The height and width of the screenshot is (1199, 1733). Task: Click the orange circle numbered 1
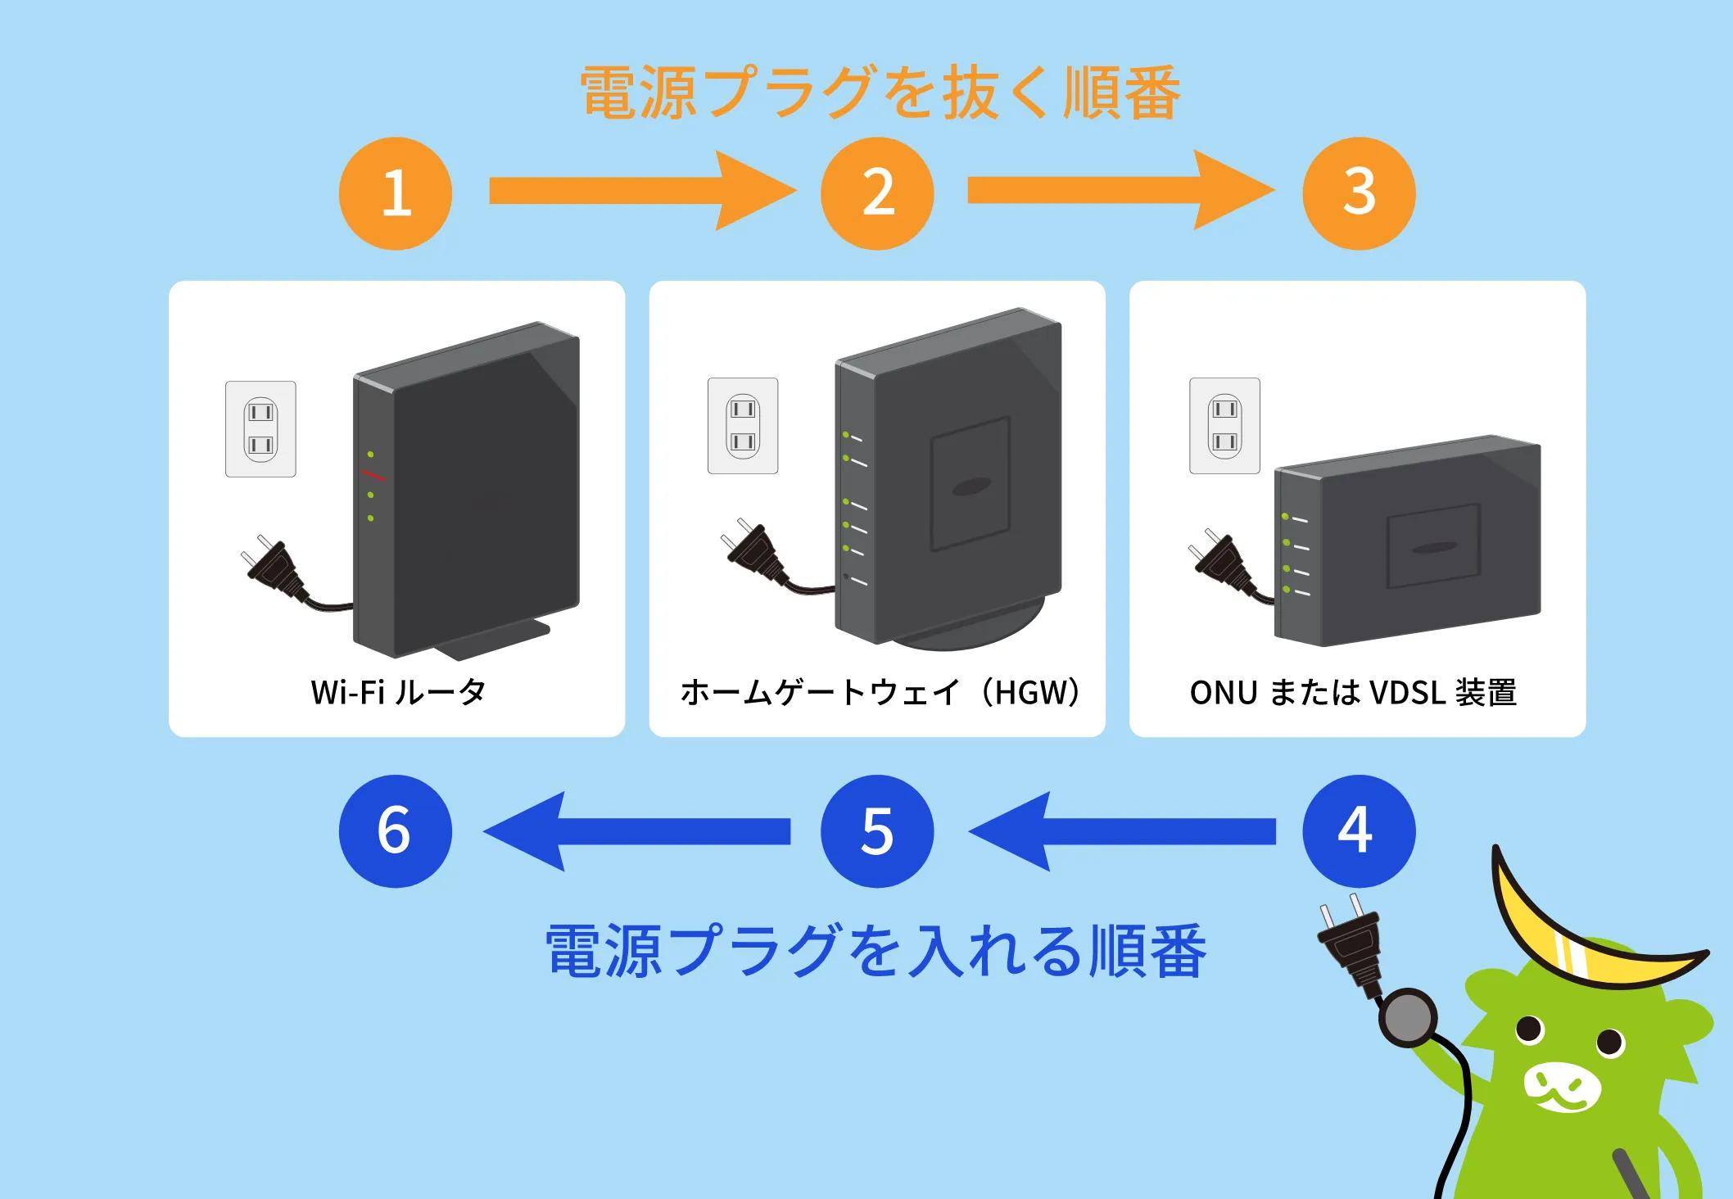[396, 193]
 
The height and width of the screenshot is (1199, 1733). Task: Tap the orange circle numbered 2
[877, 193]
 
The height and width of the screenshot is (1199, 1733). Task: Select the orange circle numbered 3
[1359, 193]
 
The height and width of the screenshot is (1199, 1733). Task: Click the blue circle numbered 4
[1359, 831]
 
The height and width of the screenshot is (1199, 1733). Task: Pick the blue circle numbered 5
[877, 831]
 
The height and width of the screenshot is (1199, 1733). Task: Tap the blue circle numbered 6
[396, 831]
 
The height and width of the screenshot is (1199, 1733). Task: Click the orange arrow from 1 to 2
[639, 191]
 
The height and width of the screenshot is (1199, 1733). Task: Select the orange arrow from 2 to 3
[1118, 191]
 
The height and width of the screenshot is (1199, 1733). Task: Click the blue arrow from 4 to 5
[1122, 831]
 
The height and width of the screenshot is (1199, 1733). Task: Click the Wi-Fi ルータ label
[399, 693]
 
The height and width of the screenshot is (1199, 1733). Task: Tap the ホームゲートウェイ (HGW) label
[879, 693]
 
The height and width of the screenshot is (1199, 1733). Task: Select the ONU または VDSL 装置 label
[1353, 693]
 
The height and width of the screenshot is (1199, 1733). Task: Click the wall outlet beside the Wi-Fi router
[260, 428]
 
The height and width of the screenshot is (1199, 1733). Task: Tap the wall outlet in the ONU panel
[1224, 426]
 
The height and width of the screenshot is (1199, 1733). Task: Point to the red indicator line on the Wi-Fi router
[373, 476]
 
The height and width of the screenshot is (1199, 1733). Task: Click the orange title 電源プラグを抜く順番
[880, 93]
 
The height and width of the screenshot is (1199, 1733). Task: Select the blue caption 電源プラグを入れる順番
[876, 952]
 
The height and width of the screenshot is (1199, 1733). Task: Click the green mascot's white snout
[1562, 1087]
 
